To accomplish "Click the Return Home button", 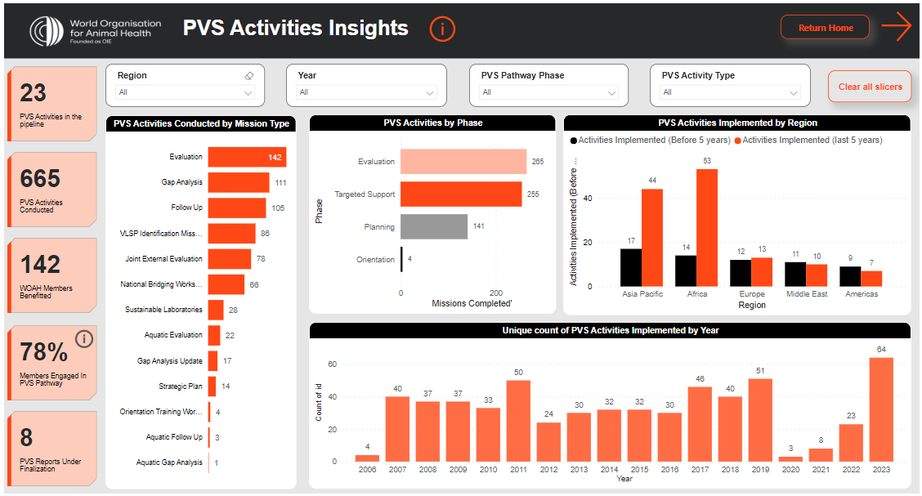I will (x=826, y=28).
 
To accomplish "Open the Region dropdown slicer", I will (x=186, y=92).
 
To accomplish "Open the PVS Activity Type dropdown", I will (x=730, y=92).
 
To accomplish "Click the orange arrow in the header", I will (x=897, y=27).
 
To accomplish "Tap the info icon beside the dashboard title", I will (x=442, y=29).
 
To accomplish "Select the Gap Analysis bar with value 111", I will (x=238, y=182).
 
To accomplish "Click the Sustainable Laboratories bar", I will (x=216, y=310).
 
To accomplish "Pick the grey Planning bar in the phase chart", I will (x=434, y=227).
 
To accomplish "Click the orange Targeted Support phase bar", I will (x=461, y=194).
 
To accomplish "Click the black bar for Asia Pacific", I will (x=630, y=267).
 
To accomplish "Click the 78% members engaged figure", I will (x=44, y=352).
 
